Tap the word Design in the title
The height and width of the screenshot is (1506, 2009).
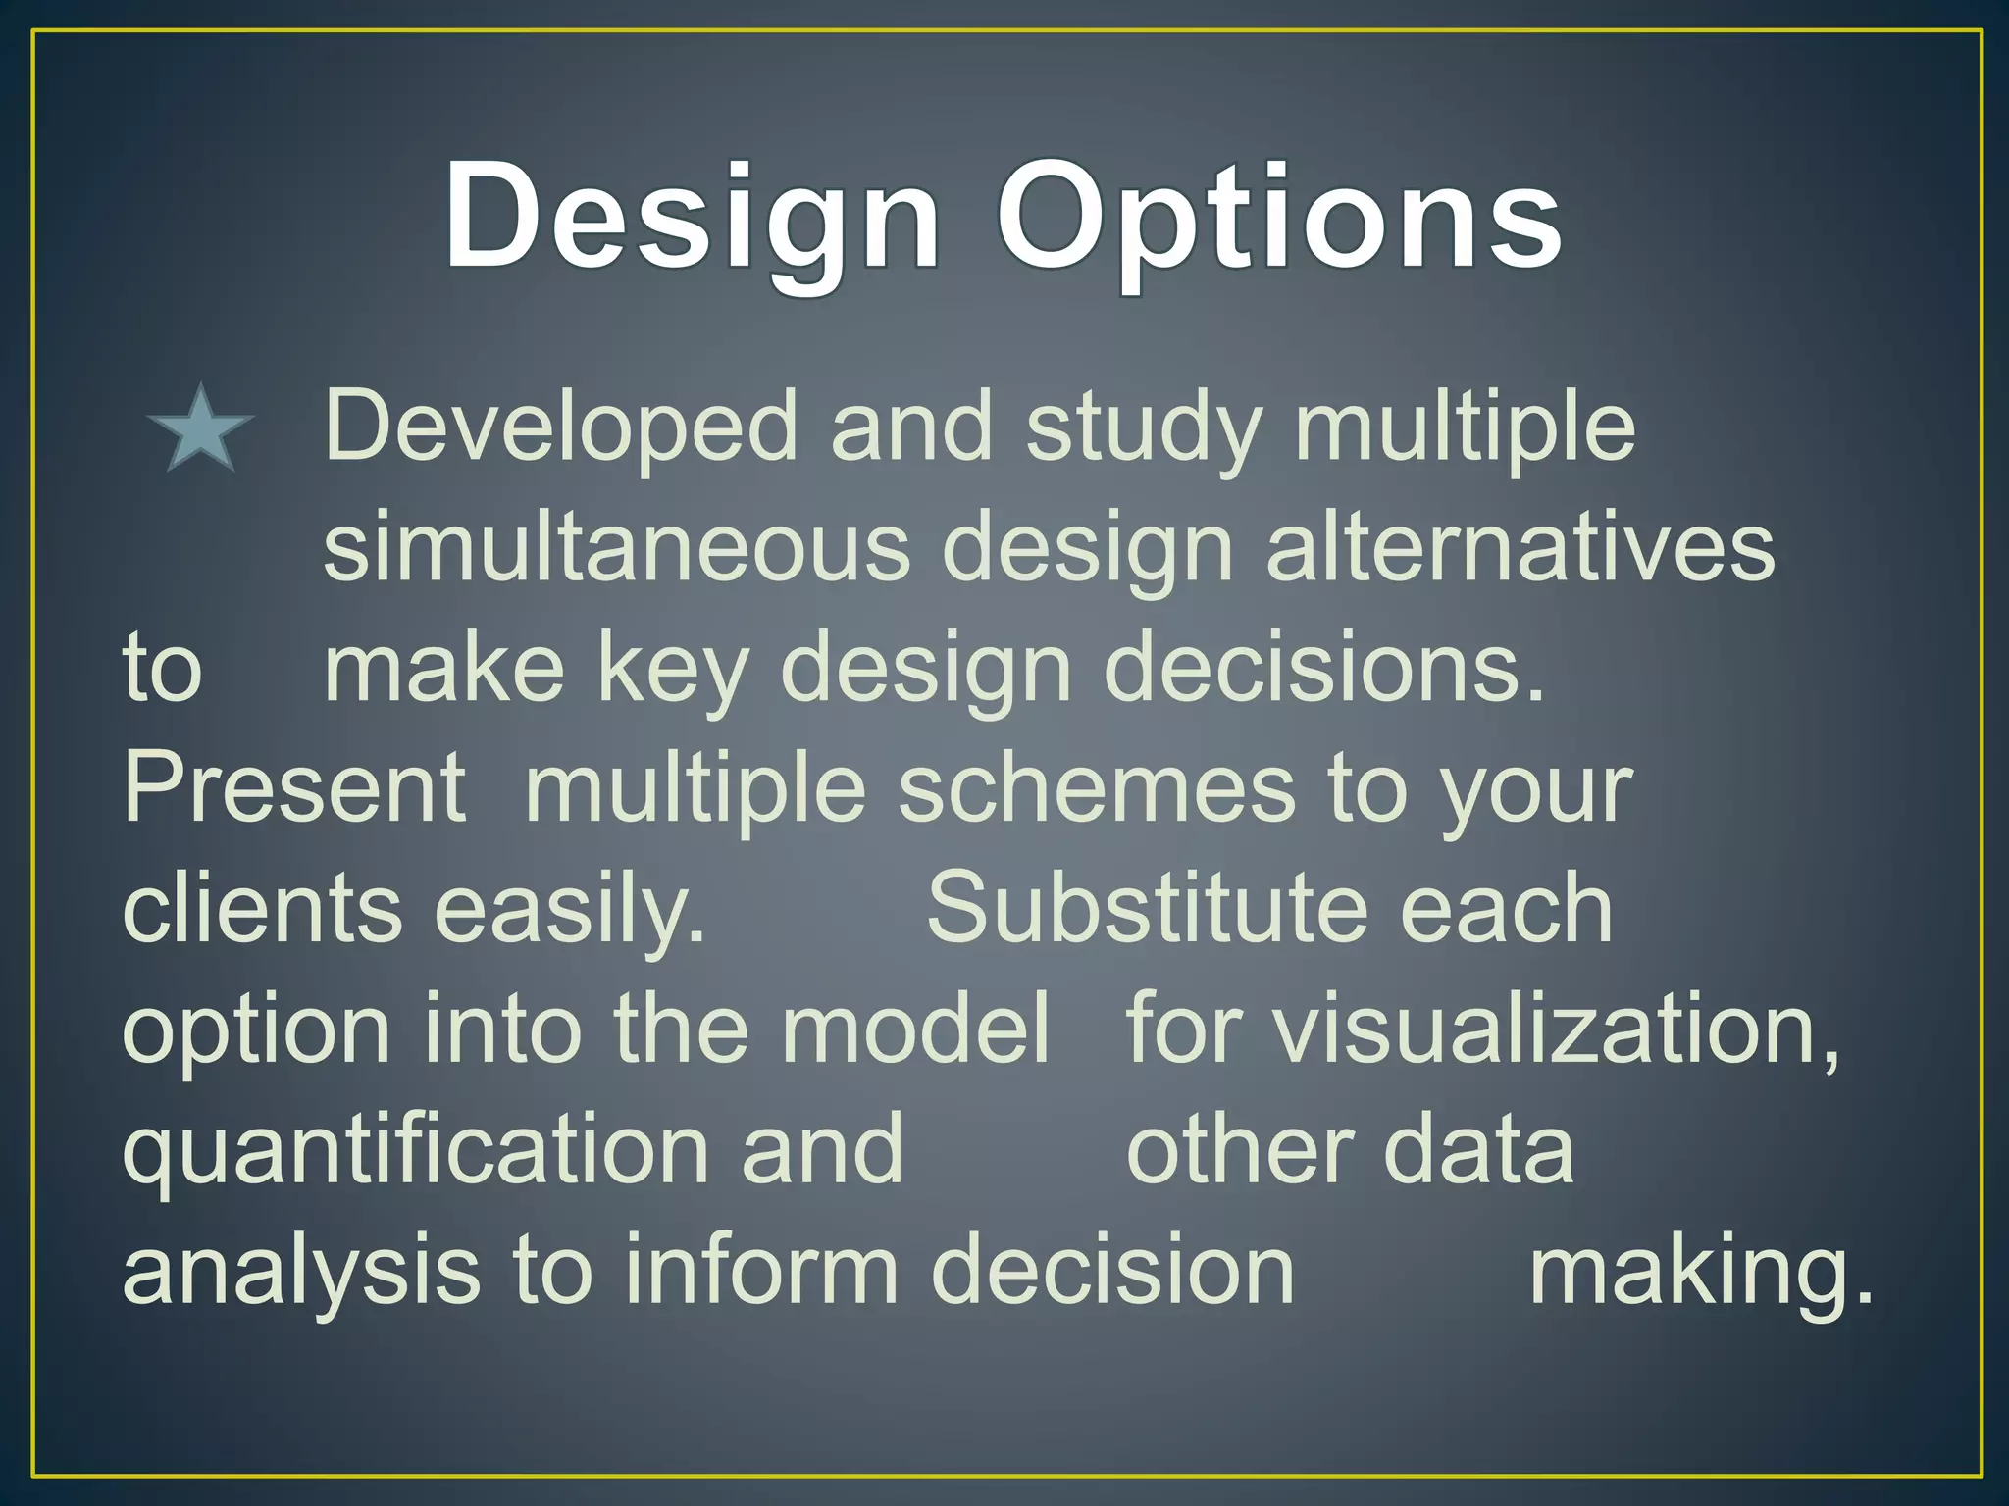(692, 218)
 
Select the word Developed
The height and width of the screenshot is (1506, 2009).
(561, 427)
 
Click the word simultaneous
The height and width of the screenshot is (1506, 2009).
(616, 547)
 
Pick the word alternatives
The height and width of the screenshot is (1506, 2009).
(1520, 547)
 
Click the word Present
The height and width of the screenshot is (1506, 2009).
(294, 788)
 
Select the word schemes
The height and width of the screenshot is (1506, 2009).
(1097, 788)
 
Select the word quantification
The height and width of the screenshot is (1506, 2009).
(415, 1149)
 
